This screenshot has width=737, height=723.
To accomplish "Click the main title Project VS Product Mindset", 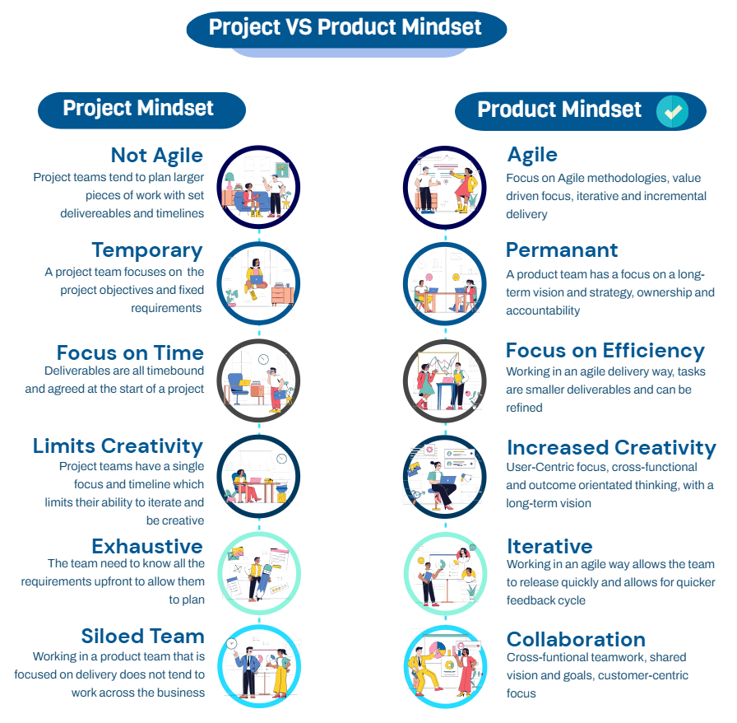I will [x=345, y=27].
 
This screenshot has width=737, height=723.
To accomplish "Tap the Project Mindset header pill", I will [x=140, y=109].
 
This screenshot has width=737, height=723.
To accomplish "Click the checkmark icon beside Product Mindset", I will [x=673, y=112].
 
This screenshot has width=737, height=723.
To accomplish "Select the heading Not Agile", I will [x=156, y=155].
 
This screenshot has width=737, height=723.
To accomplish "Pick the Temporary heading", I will [x=146, y=250].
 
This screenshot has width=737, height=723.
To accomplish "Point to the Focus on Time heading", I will [x=130, y=352].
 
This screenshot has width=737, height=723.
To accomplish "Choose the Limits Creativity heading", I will [x=118, y=445].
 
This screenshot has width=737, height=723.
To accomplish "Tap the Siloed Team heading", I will [x=142, y=636].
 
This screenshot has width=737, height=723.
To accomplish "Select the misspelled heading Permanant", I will [x=562, y=250].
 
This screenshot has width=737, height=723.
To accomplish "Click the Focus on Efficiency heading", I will [x=605, y=351].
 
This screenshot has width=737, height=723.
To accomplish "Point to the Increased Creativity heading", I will [x=611, y=447].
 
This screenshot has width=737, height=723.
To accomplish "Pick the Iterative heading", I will [x=549, y=546].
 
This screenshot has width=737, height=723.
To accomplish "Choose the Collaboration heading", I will [x=576, y=639].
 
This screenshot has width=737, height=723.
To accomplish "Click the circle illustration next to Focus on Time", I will [x=259, y=380].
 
